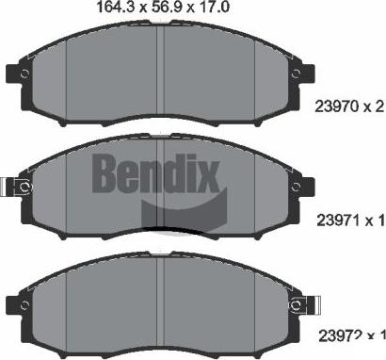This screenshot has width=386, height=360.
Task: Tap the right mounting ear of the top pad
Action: pos(304,74)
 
